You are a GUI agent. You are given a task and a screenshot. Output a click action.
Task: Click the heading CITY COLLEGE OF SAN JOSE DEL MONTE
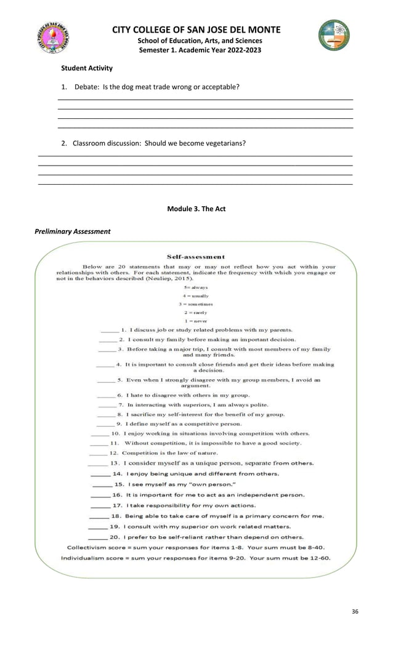coord(196,30)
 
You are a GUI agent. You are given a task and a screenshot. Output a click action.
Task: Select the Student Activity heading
coord(86,68)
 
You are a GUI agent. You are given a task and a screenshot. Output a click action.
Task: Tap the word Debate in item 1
coord(87,87)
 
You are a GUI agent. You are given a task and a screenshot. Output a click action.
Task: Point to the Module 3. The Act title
coord(196,209)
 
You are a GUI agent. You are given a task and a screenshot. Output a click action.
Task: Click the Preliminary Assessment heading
coord(74,231)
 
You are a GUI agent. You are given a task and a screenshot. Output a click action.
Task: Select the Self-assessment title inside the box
coord(196,257)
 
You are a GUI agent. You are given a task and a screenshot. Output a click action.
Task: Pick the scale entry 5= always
coord(196,287)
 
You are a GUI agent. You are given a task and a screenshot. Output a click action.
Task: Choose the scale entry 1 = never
coord(196,321)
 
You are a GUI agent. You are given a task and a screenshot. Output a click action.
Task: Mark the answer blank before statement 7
coord(107,405)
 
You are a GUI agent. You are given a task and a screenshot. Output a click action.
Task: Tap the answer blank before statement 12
coord(100,452)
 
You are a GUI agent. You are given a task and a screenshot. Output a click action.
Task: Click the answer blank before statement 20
coord(97,537)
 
